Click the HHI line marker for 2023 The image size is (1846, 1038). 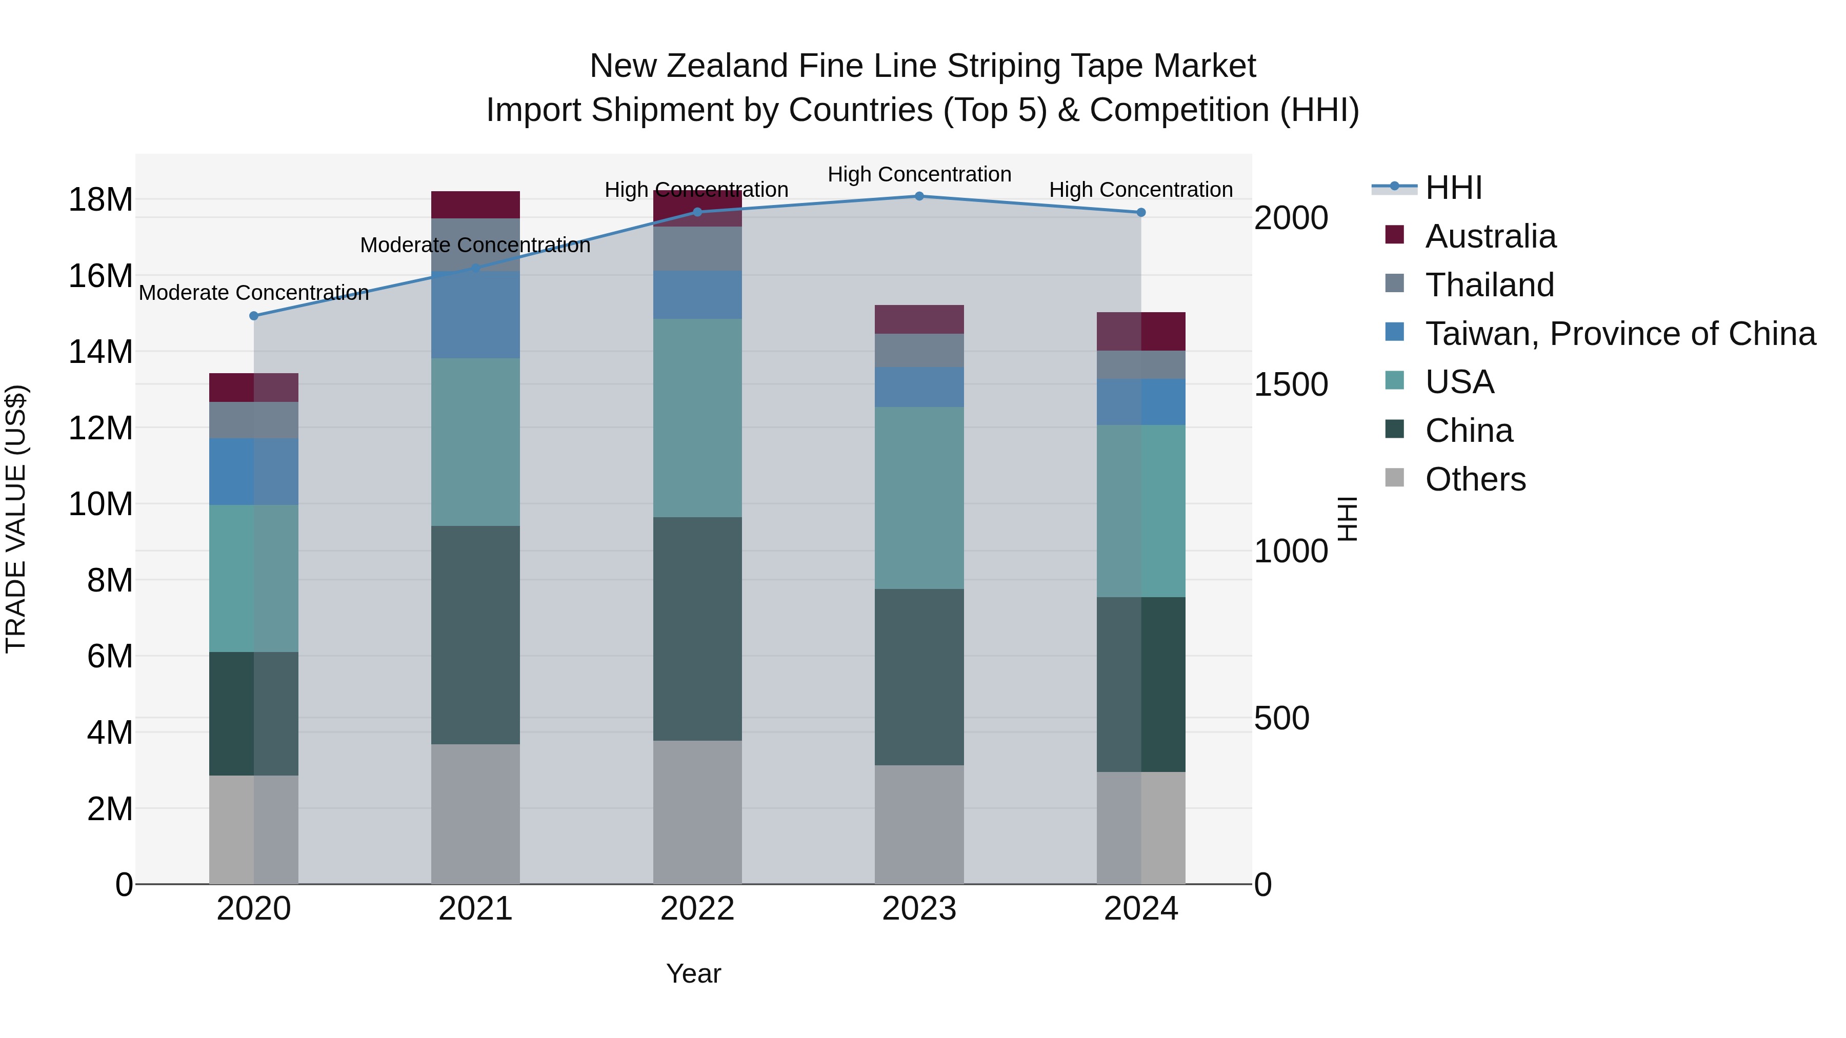point(919,196)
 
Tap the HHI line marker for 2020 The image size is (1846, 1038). point(254,316)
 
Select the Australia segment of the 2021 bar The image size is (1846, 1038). point(475,205)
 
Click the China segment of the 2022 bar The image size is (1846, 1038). point(697,629)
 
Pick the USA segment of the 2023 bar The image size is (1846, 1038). point(919,498)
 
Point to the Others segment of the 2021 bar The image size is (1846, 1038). point(475,814)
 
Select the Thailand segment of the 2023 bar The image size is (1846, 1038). point(919,350)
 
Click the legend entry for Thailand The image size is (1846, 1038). point(1489,285)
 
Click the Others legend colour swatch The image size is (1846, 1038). point(1395,477)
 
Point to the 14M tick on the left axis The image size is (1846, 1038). point(101,352)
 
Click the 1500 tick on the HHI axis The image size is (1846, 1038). point(1291,384)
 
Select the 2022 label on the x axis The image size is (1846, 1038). point(697,909)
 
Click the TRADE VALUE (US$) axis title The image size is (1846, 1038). point(16,519)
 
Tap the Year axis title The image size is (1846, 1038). point(693,973)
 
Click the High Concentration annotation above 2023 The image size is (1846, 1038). point(919,174)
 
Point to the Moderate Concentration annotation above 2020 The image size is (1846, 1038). point(254,293)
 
